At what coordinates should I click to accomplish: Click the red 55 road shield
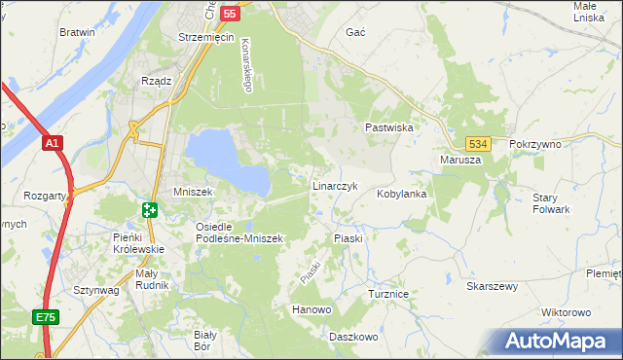[x=230, y=13]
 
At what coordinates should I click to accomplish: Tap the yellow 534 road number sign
[x=476, y=142]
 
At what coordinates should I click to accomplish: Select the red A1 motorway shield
[x=53, y=144]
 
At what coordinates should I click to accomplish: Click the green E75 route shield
[x=45, y=317]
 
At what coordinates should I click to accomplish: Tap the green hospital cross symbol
[x=149, y=209]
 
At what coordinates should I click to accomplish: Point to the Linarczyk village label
[x=336, y=185]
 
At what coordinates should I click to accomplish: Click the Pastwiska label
[x=390, y=127]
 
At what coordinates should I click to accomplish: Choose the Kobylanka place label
[x=403, y=194]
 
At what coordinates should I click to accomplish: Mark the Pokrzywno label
[x=536, y=144]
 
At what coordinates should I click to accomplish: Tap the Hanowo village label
[x=312, y=309]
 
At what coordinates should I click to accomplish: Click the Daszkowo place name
[x=353, y=337]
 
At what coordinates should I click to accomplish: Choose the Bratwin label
[x=77, y=32]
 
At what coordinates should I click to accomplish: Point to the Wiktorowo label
[x=566, y=312]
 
